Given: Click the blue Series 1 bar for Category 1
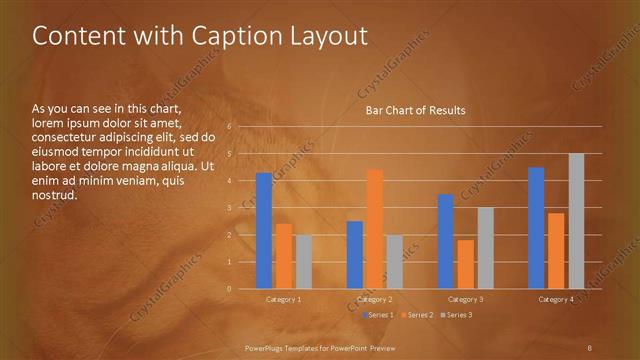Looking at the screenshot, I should [264, 231].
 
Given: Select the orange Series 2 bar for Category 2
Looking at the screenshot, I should [374, 229].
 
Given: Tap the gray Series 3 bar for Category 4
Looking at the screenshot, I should [576, 221].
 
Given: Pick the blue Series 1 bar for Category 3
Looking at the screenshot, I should [446, 241].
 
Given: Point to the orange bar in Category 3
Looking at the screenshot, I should [465, 264].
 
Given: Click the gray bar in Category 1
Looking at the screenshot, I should [303, 262].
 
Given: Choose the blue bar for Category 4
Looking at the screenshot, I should [536, 228].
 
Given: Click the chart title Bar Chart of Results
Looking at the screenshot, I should [414, 111].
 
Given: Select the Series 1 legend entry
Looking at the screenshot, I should [376, 315].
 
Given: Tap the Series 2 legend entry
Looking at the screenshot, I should [417, 315].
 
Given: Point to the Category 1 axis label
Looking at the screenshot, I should [283, 299].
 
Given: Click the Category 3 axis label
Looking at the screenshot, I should [465, 299].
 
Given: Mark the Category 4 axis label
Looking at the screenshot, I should [556, 299].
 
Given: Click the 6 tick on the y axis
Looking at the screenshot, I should [229, 127].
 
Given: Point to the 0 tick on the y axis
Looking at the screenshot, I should [229, 289].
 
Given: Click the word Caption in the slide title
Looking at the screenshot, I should [226, 36].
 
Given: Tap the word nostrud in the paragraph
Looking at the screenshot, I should [54, 195].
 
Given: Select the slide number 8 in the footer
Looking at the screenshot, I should [590, 346].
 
